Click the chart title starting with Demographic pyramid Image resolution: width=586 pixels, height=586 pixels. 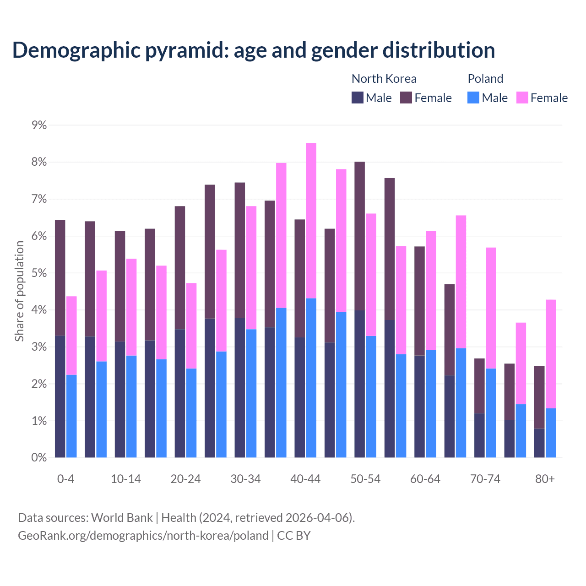pos(254,50)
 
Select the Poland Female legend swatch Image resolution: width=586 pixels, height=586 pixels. pos(522,98)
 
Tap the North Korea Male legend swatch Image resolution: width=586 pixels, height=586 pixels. pos(358,98)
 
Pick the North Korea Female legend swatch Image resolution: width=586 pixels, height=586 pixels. pos(406,98)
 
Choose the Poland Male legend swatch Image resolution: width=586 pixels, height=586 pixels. pos(473,98)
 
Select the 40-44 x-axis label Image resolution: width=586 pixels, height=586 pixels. pos(305,479)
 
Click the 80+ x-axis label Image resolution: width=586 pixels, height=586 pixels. pos(545,479)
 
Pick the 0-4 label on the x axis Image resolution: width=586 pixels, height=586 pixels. pos(65,479)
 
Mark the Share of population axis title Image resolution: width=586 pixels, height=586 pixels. pos(19,291)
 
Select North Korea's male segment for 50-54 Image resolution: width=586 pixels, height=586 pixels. pos(359,384)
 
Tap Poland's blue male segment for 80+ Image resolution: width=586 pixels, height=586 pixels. pos(551,433)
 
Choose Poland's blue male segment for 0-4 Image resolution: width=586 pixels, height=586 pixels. pos(71,416)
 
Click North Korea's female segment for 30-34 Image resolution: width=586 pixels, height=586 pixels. pos(240,250)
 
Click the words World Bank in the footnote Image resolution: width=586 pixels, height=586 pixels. pos(122,517)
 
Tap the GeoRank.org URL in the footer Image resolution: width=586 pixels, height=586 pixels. pos(143,535)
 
